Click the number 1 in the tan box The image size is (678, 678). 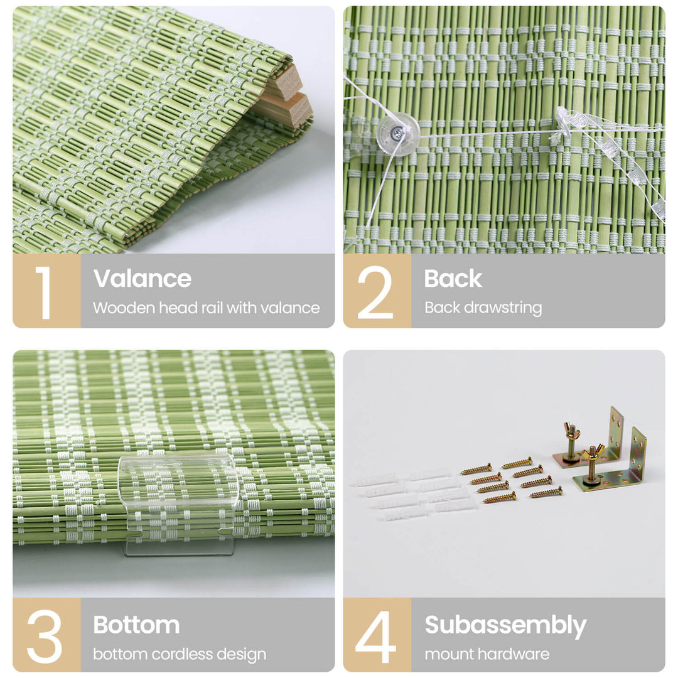43,292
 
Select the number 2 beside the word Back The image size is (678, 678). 375,292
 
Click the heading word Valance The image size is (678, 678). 143,279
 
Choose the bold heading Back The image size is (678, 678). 453,279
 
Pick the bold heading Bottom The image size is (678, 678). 136,625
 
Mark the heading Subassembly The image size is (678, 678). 505,625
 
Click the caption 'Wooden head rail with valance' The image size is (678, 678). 206,308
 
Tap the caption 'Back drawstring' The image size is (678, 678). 483,308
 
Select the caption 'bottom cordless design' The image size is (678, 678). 180,654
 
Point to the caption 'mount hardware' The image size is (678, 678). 487,654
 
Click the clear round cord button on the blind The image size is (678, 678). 398,134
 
